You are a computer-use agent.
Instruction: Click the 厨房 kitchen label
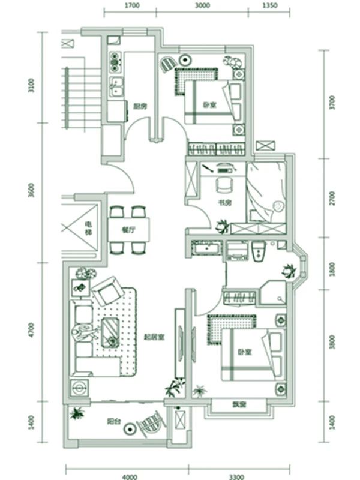141,106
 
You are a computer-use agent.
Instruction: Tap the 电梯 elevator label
80,229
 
